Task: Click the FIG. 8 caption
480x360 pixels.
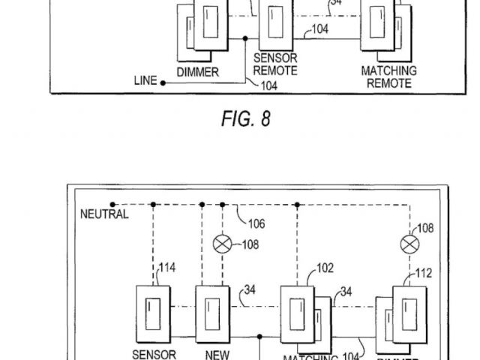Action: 245,119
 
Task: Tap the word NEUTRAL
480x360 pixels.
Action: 104,214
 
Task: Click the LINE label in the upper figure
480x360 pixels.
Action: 144,79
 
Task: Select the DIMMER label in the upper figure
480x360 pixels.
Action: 197,72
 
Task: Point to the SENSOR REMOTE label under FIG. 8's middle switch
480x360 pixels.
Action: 275,65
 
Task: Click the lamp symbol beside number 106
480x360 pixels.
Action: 223,243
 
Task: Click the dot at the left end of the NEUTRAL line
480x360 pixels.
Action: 112,204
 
